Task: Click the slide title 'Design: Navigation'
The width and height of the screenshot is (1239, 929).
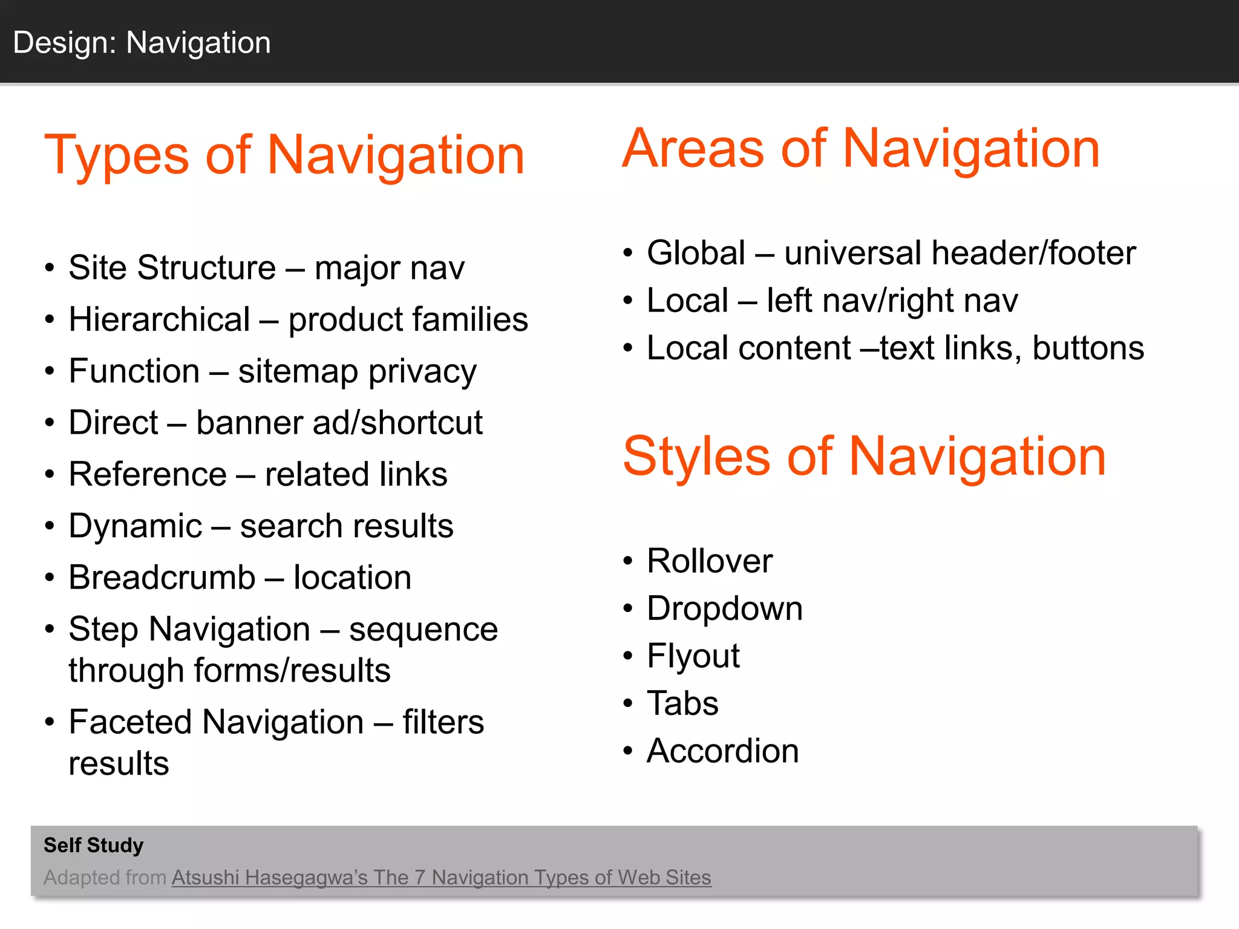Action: (x=142, y=43)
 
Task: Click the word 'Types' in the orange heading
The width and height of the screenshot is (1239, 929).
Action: (x=116, y=156)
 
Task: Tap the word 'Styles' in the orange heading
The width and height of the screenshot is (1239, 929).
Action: (x=696, y=457)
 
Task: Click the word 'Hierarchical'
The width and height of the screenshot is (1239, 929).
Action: (x=159, y=319)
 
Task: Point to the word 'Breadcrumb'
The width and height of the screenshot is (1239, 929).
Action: (x=162, y=578)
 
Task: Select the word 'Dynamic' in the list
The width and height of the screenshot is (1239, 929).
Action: (x=136, y=526)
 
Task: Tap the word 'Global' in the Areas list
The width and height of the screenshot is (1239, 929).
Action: (x=696, y=253)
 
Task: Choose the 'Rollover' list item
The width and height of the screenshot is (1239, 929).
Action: (x=710, y=561)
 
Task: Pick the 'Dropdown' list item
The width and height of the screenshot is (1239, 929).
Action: (x=724, y=608)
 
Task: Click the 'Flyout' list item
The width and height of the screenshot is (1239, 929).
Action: (x=693, y=656)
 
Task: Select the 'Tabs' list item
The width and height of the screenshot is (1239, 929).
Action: (x=682, y=703)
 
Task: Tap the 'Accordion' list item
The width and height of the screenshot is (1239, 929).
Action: (x=722, y=751)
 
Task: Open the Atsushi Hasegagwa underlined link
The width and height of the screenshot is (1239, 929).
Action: (x=441, y=878)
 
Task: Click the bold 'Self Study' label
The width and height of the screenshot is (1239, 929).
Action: (x=93, y=845)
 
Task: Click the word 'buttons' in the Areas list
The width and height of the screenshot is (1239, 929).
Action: (x=1088, y=348)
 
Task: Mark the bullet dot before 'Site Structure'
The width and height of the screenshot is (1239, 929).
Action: (x=50, y=268)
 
